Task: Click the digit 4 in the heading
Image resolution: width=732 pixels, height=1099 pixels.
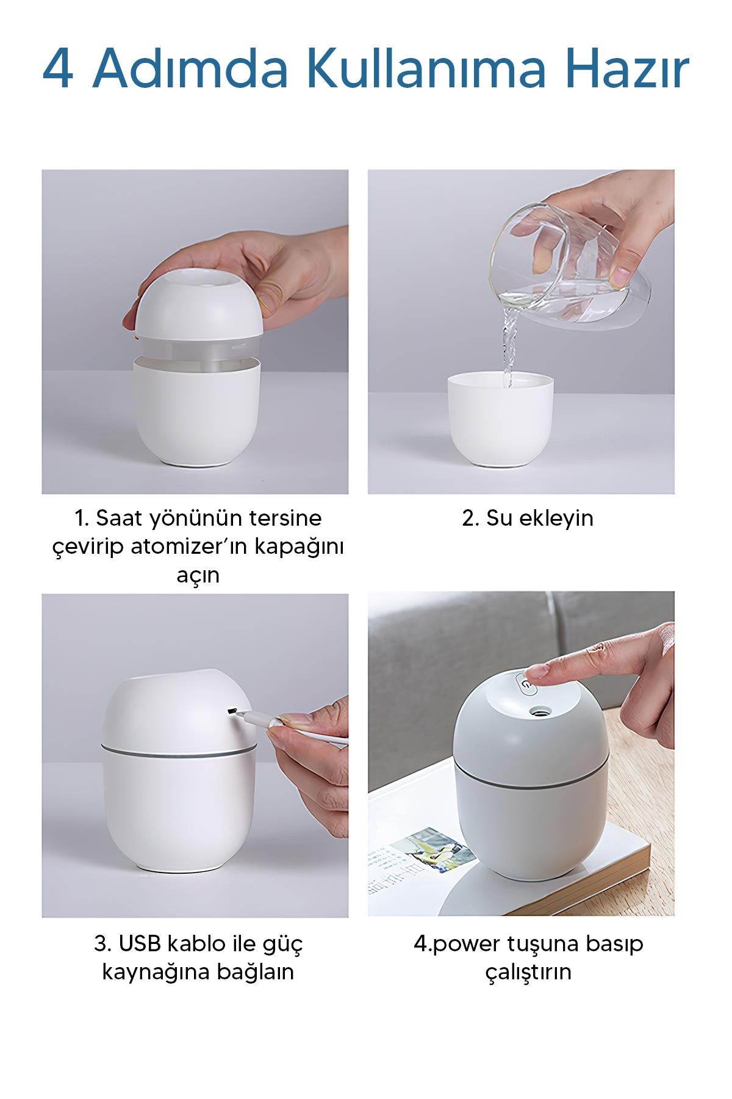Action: click(58, 69)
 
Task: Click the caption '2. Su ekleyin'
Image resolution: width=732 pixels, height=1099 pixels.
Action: click(528, 518)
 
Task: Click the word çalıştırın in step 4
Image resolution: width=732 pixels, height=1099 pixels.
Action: click(528, 973)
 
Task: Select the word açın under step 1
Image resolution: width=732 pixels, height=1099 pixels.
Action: click(198, 576)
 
